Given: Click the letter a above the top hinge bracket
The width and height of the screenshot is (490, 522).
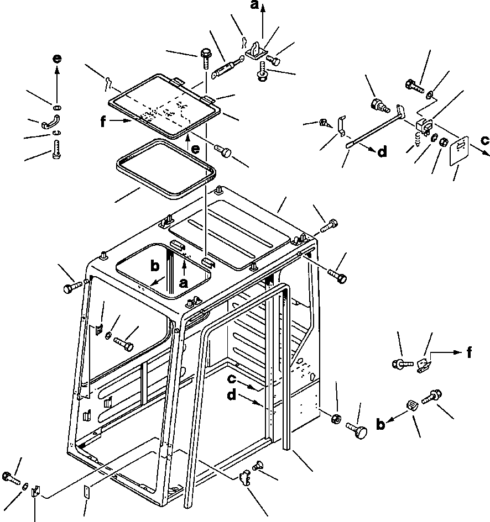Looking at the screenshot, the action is click(x=254, y=4).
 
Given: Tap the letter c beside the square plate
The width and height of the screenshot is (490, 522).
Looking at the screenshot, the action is click(x=484, y=140).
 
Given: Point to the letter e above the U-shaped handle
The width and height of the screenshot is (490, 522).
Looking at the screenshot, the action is click(x=57, y=59).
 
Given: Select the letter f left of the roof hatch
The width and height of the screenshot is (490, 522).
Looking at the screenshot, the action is click(x=103, y=122).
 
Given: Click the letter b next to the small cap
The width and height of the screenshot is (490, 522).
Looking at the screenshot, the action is click(x=380, y=424).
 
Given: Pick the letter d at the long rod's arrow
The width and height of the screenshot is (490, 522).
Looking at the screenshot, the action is click(x=383, y=152).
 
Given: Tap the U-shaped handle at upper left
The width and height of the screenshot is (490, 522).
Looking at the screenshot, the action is click(x=51, y=122).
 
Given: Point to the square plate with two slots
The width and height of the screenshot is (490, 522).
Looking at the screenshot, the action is click(x=459, y=150).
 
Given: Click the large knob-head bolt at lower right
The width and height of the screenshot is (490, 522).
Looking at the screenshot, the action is click(x=357, y=430).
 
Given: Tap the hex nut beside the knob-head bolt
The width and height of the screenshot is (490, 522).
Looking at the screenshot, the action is click(x=336, y=419).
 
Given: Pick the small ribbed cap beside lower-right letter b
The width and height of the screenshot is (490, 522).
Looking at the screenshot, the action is click(x=412, y=407).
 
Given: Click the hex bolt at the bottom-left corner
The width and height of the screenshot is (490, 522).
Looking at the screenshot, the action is click(x=11, y=478).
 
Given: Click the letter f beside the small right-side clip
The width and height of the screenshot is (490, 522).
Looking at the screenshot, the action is click(x=470, y=352).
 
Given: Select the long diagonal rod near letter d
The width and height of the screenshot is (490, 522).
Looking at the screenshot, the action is click(x=374, y=126).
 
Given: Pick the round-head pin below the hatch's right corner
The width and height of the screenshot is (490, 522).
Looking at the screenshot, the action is click(x=223, y=151).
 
